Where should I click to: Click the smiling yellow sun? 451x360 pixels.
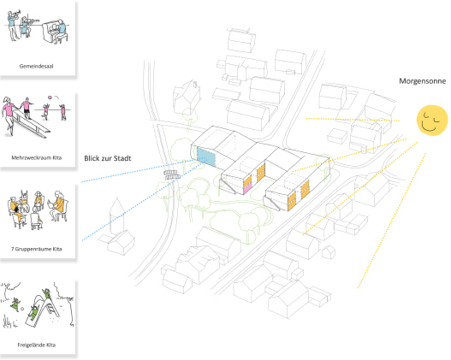click(432, 120)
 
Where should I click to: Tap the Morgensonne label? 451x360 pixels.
click(422, 81)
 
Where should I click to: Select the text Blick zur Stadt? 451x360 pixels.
click(108, 158)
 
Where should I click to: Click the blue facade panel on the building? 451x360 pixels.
click(206, 156)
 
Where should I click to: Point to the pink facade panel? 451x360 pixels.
click(247, 188)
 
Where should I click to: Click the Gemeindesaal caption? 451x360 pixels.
click(36, 66)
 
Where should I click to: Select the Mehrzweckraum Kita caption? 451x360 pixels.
click(37, 157)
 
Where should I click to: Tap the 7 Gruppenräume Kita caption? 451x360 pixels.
click(37, 249)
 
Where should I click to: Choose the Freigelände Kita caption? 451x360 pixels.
click(37, 345)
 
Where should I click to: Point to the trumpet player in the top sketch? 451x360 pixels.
click(13, 26)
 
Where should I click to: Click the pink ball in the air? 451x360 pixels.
click(50, 97)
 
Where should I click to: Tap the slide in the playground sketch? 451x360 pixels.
click(43, 310)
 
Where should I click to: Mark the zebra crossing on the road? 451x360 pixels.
click(172, 175)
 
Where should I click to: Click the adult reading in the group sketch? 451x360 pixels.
click(59, 206)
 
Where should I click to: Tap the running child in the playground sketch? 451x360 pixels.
click(15, 304)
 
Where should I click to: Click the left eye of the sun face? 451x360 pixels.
click(426, 116)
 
